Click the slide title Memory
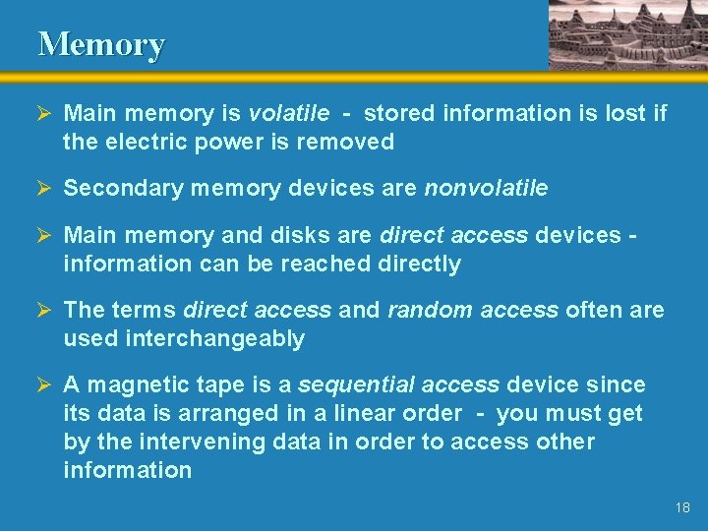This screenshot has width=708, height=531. [101, 44]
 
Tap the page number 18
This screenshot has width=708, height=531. [683, 507]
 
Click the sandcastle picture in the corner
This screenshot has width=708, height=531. [626, 34]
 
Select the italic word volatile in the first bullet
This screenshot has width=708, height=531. [284, 113]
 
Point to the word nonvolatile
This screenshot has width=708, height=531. [486, 188]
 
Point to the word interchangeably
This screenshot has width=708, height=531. [213, 338]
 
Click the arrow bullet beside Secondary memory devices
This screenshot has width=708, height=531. [45, 188]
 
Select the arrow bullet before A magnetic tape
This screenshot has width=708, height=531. [45, 384]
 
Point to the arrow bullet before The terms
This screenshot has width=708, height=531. [45, 310]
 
